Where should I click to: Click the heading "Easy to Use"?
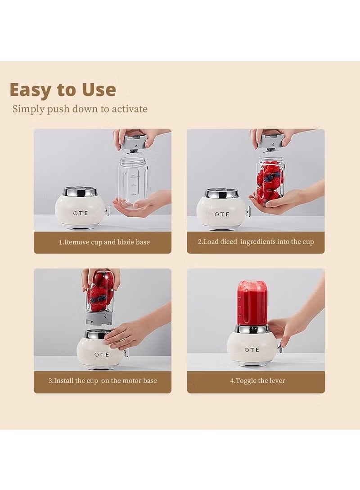pyautogui.click(x=63, y=90)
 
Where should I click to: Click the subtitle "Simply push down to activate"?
pyautogui.click(x=80, y=109)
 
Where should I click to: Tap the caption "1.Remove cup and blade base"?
pyautogui.click(x=104, y=242)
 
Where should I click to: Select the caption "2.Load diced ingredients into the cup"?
pyautogui.click(x=256, y=242)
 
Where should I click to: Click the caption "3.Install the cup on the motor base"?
pyautogui.click(x=103, y=381)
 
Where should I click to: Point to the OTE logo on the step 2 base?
pyautogui.click(x=221, y=214)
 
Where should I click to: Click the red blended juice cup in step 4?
pyautogui.click(x=252, y=303)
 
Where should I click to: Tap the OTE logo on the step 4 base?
pyautogui.click(x=252, y=350)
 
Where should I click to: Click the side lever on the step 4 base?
pyautogui.click(x=279, y=347)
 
